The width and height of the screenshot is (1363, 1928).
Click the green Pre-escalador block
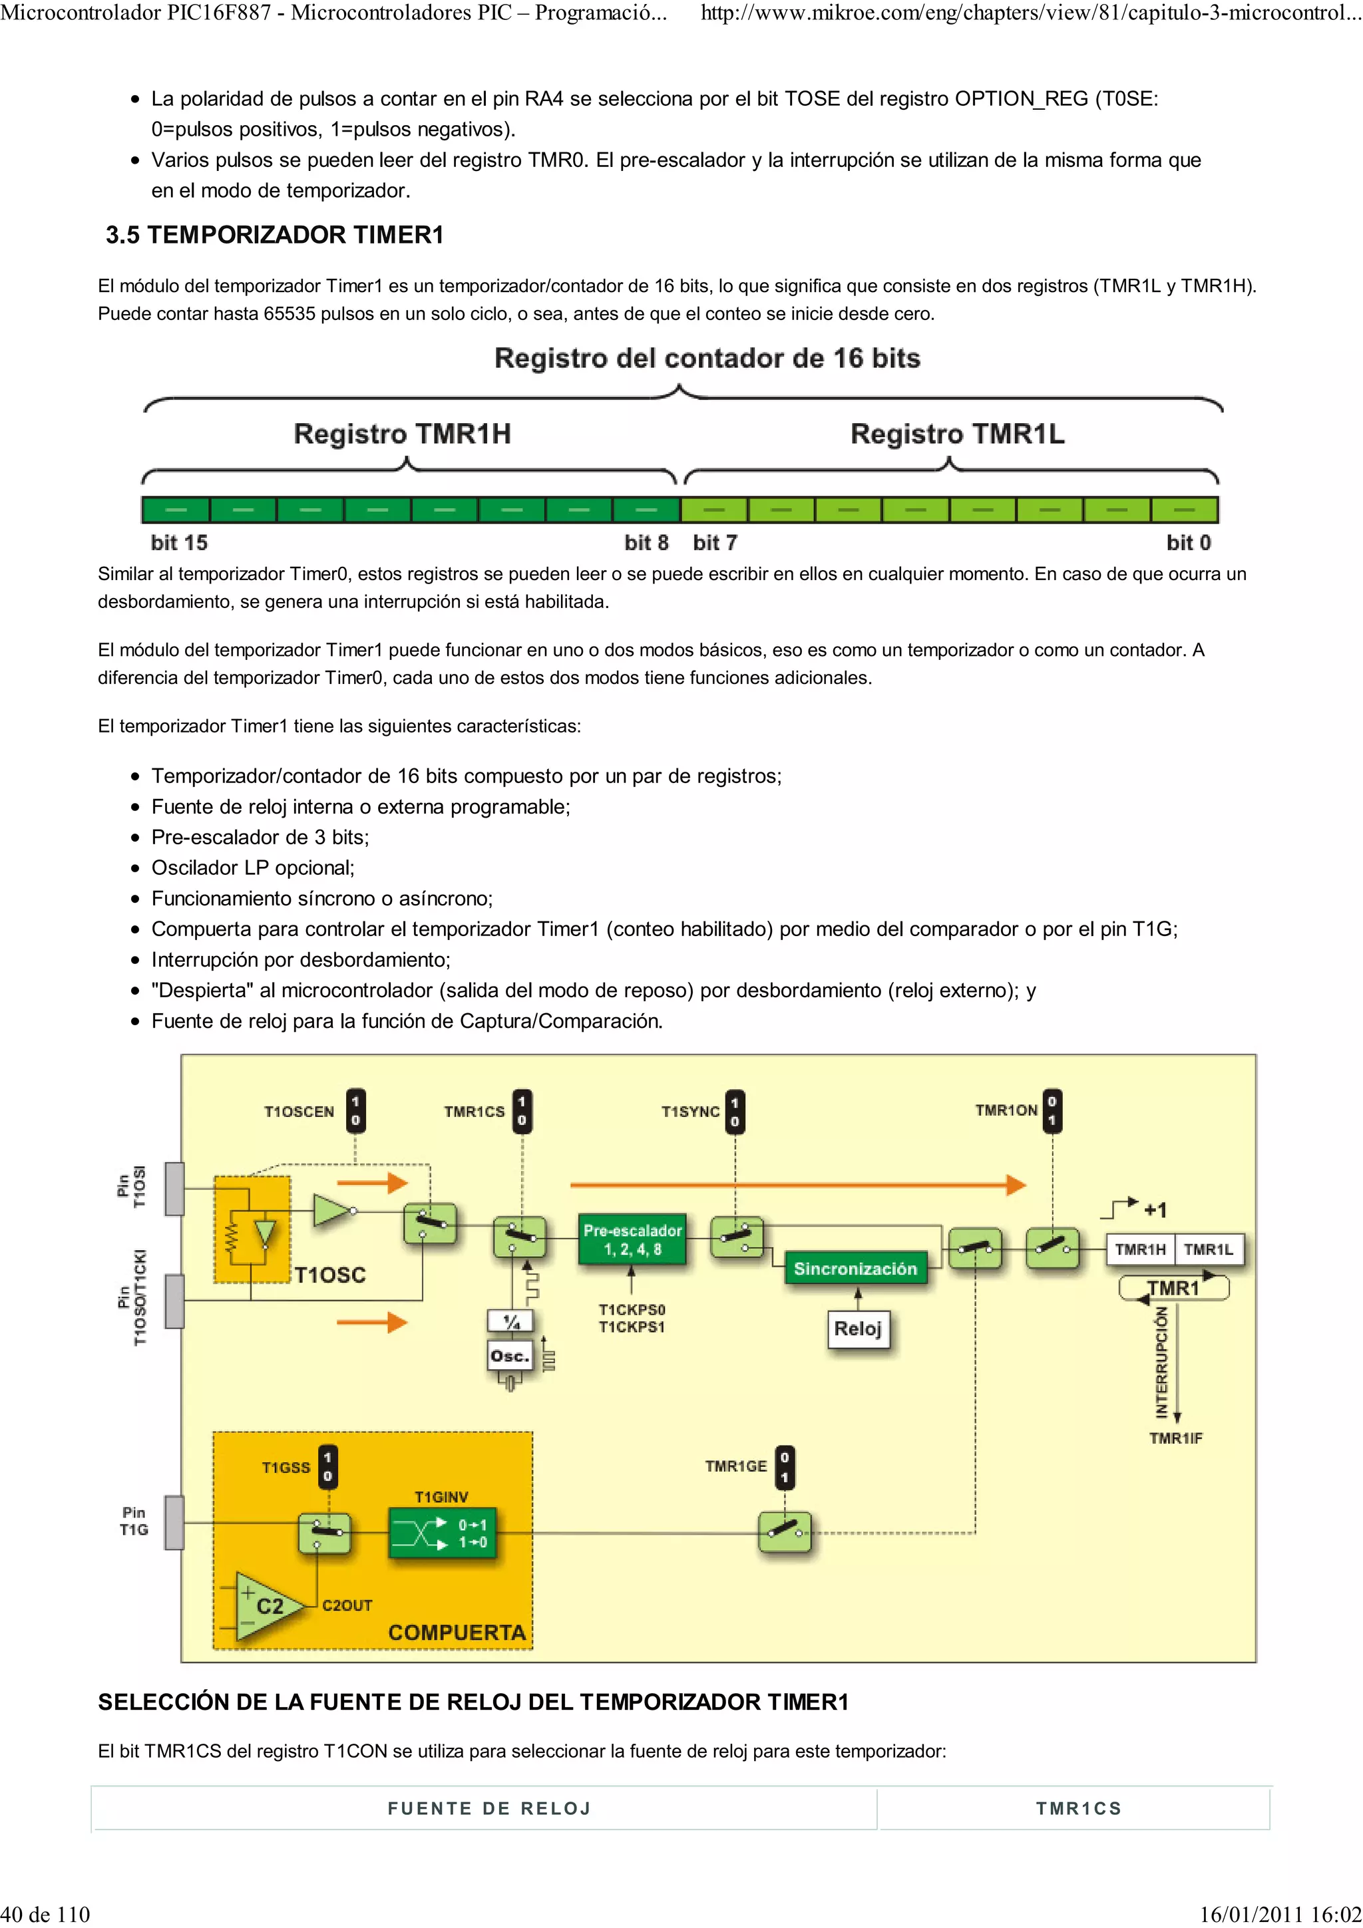(x=632, y=1239)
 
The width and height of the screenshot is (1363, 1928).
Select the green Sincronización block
(x=855, y=1269)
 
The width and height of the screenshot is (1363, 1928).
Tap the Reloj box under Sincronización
(x=857, y=1329)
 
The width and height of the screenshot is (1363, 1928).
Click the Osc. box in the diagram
(x=510, y=1356)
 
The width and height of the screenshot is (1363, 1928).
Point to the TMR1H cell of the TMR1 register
(x=1139, y=1249)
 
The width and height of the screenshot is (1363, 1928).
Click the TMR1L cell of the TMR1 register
(x=1208, y=1249)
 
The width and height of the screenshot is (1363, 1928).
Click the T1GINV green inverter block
(x=443, y=1533)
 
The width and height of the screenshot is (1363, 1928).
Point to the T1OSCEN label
(x=299, y=1112)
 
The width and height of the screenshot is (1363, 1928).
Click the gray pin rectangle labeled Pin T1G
(x=174, y=1522)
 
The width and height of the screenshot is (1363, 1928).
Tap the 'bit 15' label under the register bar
(x=179, y=542)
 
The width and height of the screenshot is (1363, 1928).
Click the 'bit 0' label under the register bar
(x=1189, y=542)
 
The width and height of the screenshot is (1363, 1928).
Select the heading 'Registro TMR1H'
(x=402, y=434)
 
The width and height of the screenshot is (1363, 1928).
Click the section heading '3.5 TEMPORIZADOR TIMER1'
(x=275, y=234)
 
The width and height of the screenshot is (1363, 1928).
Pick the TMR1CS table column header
(x=1078, y=1808)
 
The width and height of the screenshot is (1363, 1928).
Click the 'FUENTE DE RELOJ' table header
(x=490, y=1808)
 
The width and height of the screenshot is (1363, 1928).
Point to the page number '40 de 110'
(x=45, y=1914)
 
